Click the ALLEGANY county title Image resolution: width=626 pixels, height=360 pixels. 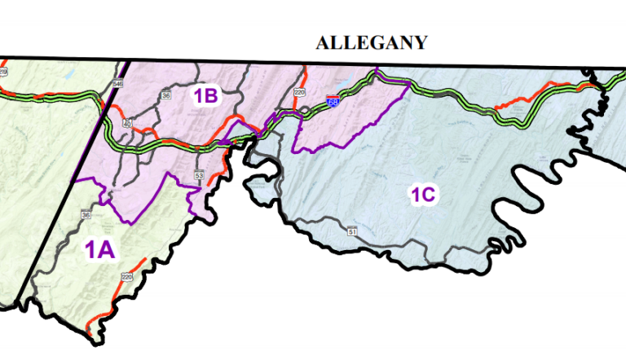372,43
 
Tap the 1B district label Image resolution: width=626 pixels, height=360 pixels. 205,96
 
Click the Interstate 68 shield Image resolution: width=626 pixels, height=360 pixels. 333,102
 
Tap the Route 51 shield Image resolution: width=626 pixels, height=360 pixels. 352,232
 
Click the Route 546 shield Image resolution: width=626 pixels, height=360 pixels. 119,83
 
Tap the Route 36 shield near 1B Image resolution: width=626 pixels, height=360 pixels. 166,95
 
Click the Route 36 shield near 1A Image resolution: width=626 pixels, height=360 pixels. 86,215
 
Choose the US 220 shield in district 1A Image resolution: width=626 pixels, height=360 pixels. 126,278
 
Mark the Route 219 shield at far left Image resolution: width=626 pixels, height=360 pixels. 3,72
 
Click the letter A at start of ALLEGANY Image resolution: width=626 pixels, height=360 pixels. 323,43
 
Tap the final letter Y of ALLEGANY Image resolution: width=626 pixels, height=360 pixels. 420,43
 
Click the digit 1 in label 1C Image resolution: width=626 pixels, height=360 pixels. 415,195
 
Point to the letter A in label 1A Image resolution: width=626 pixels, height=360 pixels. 105,249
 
